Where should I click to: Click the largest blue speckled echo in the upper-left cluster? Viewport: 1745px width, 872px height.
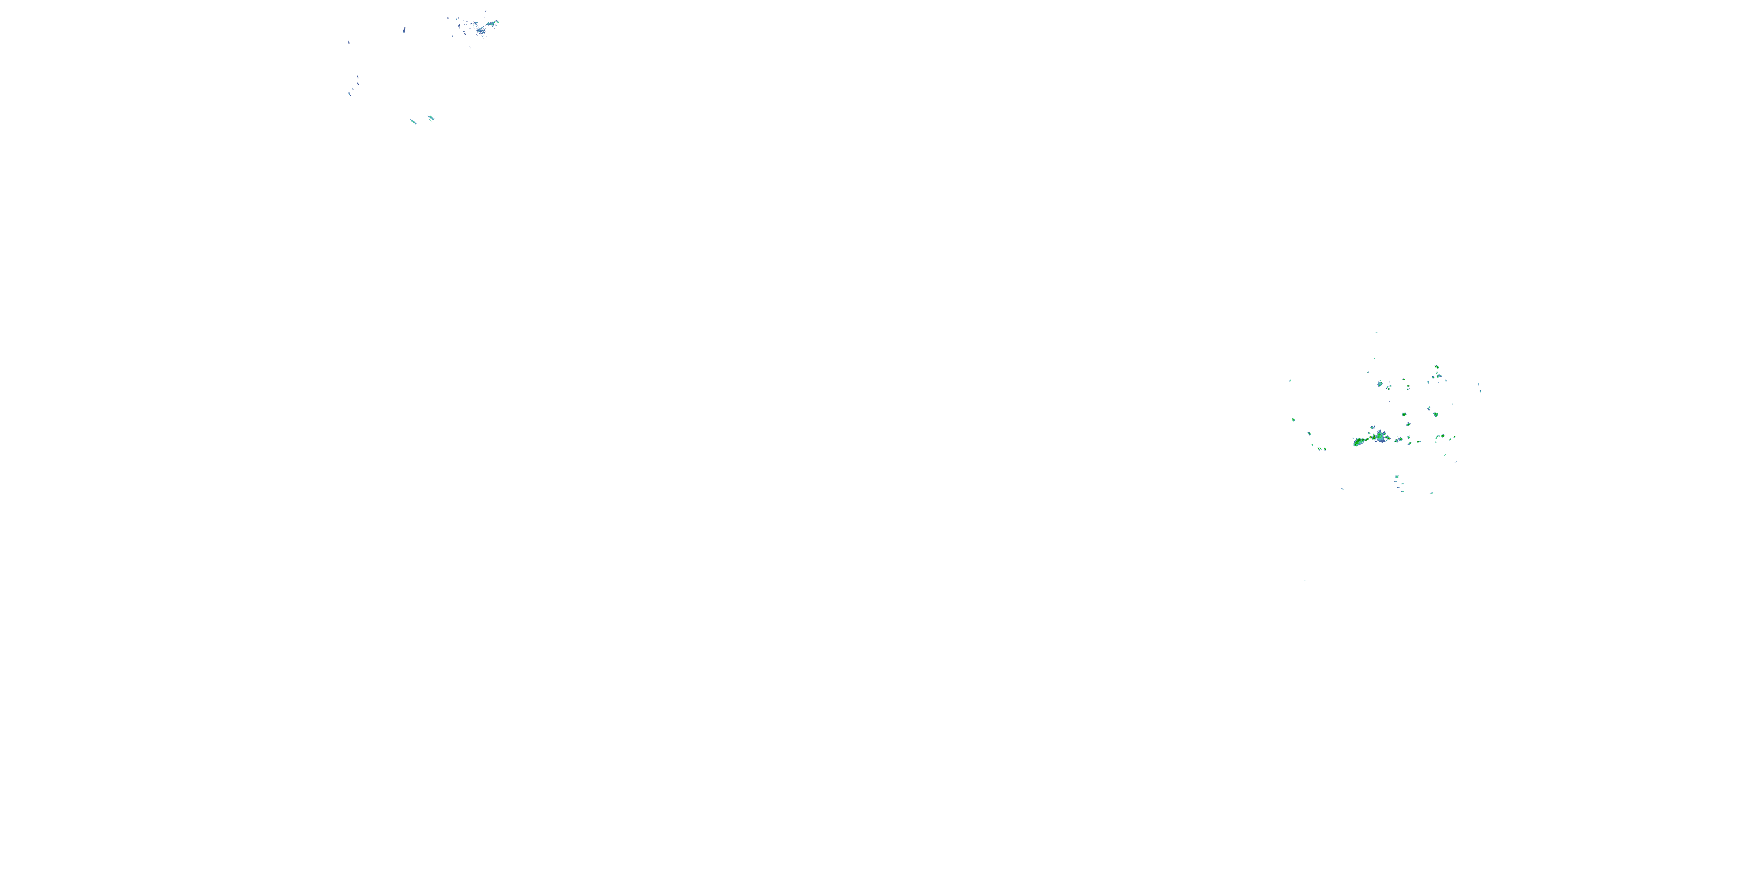pos(480,30)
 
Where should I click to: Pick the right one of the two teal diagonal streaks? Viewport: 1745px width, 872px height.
pos(431,119)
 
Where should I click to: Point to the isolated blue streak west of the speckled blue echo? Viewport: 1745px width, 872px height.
pos(404,30)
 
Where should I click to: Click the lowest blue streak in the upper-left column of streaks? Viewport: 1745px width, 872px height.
pos(350,94)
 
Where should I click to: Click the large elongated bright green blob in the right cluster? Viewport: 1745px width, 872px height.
pos(1362,441)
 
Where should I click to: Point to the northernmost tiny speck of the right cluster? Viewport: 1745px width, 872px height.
pos(1376,333)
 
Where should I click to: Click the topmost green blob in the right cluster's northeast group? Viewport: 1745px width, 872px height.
pos(1437,367)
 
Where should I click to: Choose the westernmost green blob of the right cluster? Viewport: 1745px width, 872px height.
pos(1293,420)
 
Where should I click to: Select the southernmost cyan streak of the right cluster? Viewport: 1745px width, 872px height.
pos(1431,493)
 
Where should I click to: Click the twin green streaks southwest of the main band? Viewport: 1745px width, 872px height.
pos(1322,448)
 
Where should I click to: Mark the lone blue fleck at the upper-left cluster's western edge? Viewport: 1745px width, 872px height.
pos(349,42)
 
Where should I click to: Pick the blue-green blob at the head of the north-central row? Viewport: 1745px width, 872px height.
pos(1380,384)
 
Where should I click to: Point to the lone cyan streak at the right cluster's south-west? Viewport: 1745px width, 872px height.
pos(1342,489)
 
